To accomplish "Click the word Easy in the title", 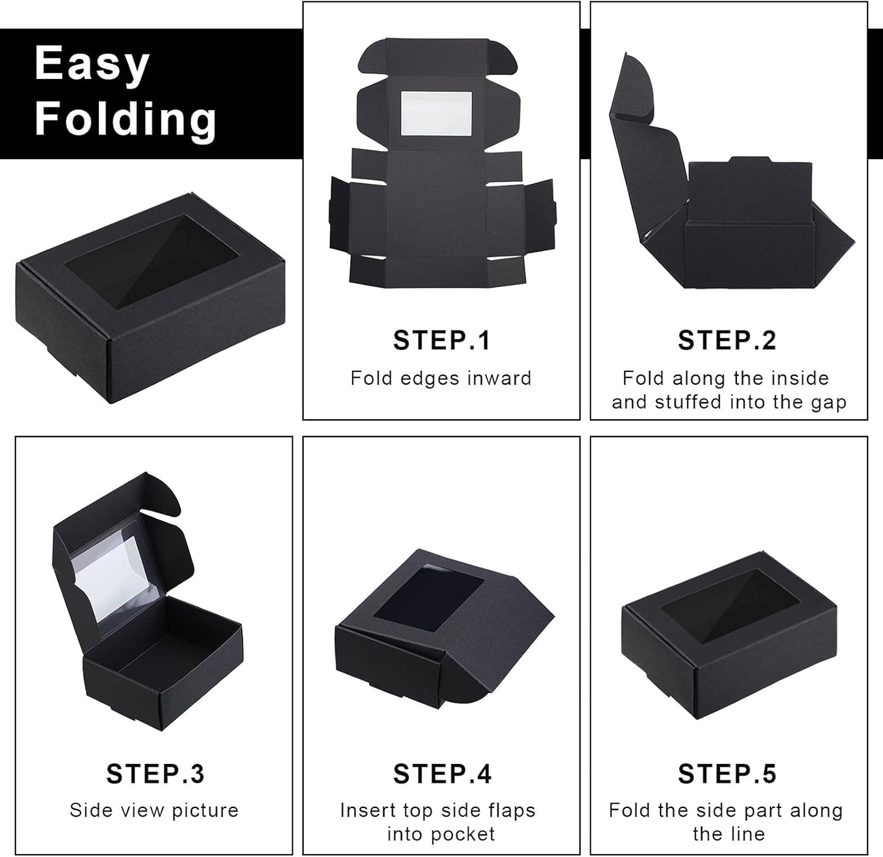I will point(92,64).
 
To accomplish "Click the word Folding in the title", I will point(125,118).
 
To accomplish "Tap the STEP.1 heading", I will point(441,341).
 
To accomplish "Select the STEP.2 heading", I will point(727,341).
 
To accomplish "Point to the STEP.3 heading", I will point(155,774).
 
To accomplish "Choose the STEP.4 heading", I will point(442,774).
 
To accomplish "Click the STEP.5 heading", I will point(727,774).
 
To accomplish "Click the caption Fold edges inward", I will point(441,378).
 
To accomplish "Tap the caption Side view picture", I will point(154,810).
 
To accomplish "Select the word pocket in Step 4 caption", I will point(463,834).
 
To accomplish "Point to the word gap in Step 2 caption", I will point(829,402).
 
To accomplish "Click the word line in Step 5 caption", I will point(747,834).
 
